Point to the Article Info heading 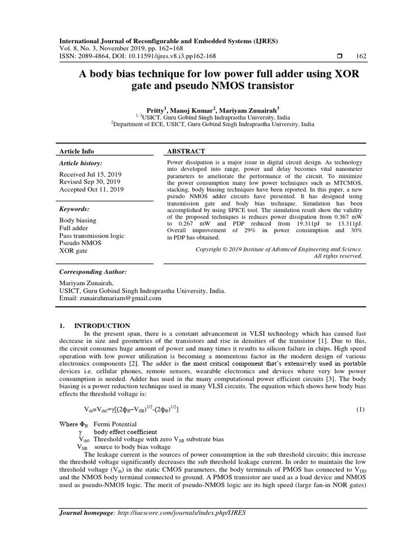pos(76,151)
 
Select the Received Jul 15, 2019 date pos(91,174)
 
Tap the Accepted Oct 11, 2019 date pos(92,189)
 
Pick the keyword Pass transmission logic pos(92,236)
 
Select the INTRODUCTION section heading pos(102,326)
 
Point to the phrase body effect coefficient pos(125,432)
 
